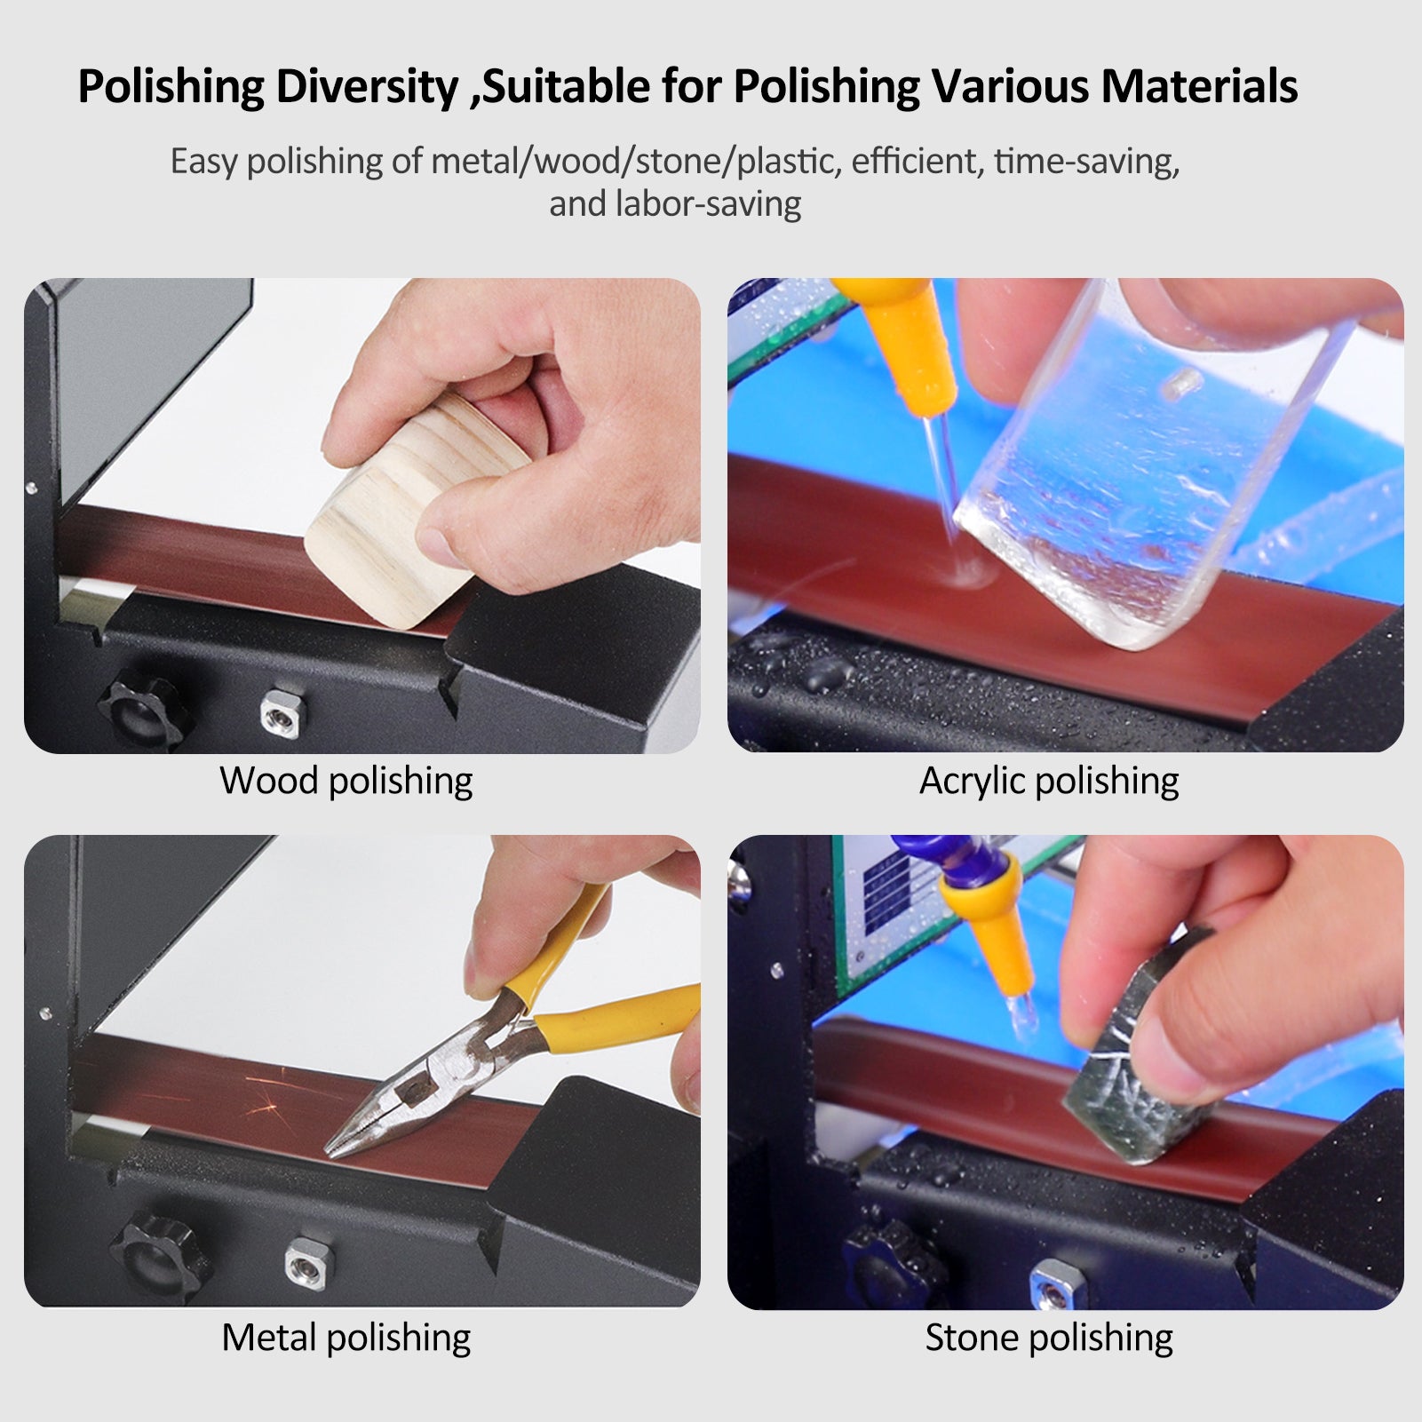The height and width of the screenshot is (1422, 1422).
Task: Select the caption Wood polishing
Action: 346,781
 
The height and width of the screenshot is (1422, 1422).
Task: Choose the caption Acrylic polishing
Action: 1048,781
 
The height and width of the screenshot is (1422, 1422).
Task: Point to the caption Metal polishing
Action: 346,1338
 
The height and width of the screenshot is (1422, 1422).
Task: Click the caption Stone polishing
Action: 1048,1338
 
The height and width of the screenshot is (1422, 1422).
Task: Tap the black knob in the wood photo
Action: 145,713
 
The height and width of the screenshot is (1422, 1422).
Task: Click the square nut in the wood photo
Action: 277,711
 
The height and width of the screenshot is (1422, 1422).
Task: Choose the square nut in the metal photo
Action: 302,1259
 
